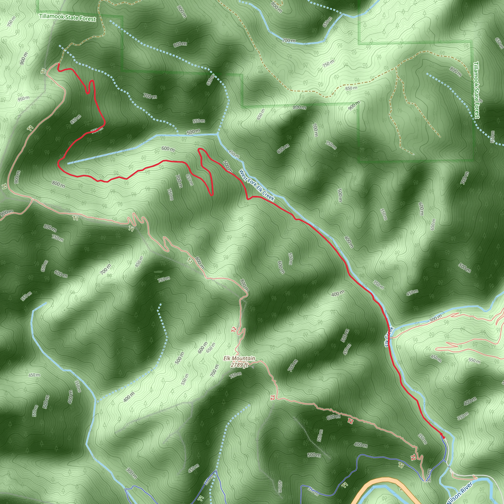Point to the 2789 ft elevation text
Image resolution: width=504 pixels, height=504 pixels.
coord(239,365)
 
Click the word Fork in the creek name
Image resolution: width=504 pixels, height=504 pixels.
coord(251,181)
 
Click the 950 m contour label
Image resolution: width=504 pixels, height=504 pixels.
coord(23,98)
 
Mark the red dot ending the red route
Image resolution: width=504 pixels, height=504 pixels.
coord(443,438)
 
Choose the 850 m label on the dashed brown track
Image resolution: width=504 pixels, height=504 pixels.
coord(351,88)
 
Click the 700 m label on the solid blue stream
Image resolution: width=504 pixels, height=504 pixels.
coord(289,41)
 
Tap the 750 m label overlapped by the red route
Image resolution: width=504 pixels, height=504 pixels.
coord(95,130)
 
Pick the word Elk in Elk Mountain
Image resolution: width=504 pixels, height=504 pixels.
coord(227,358)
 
